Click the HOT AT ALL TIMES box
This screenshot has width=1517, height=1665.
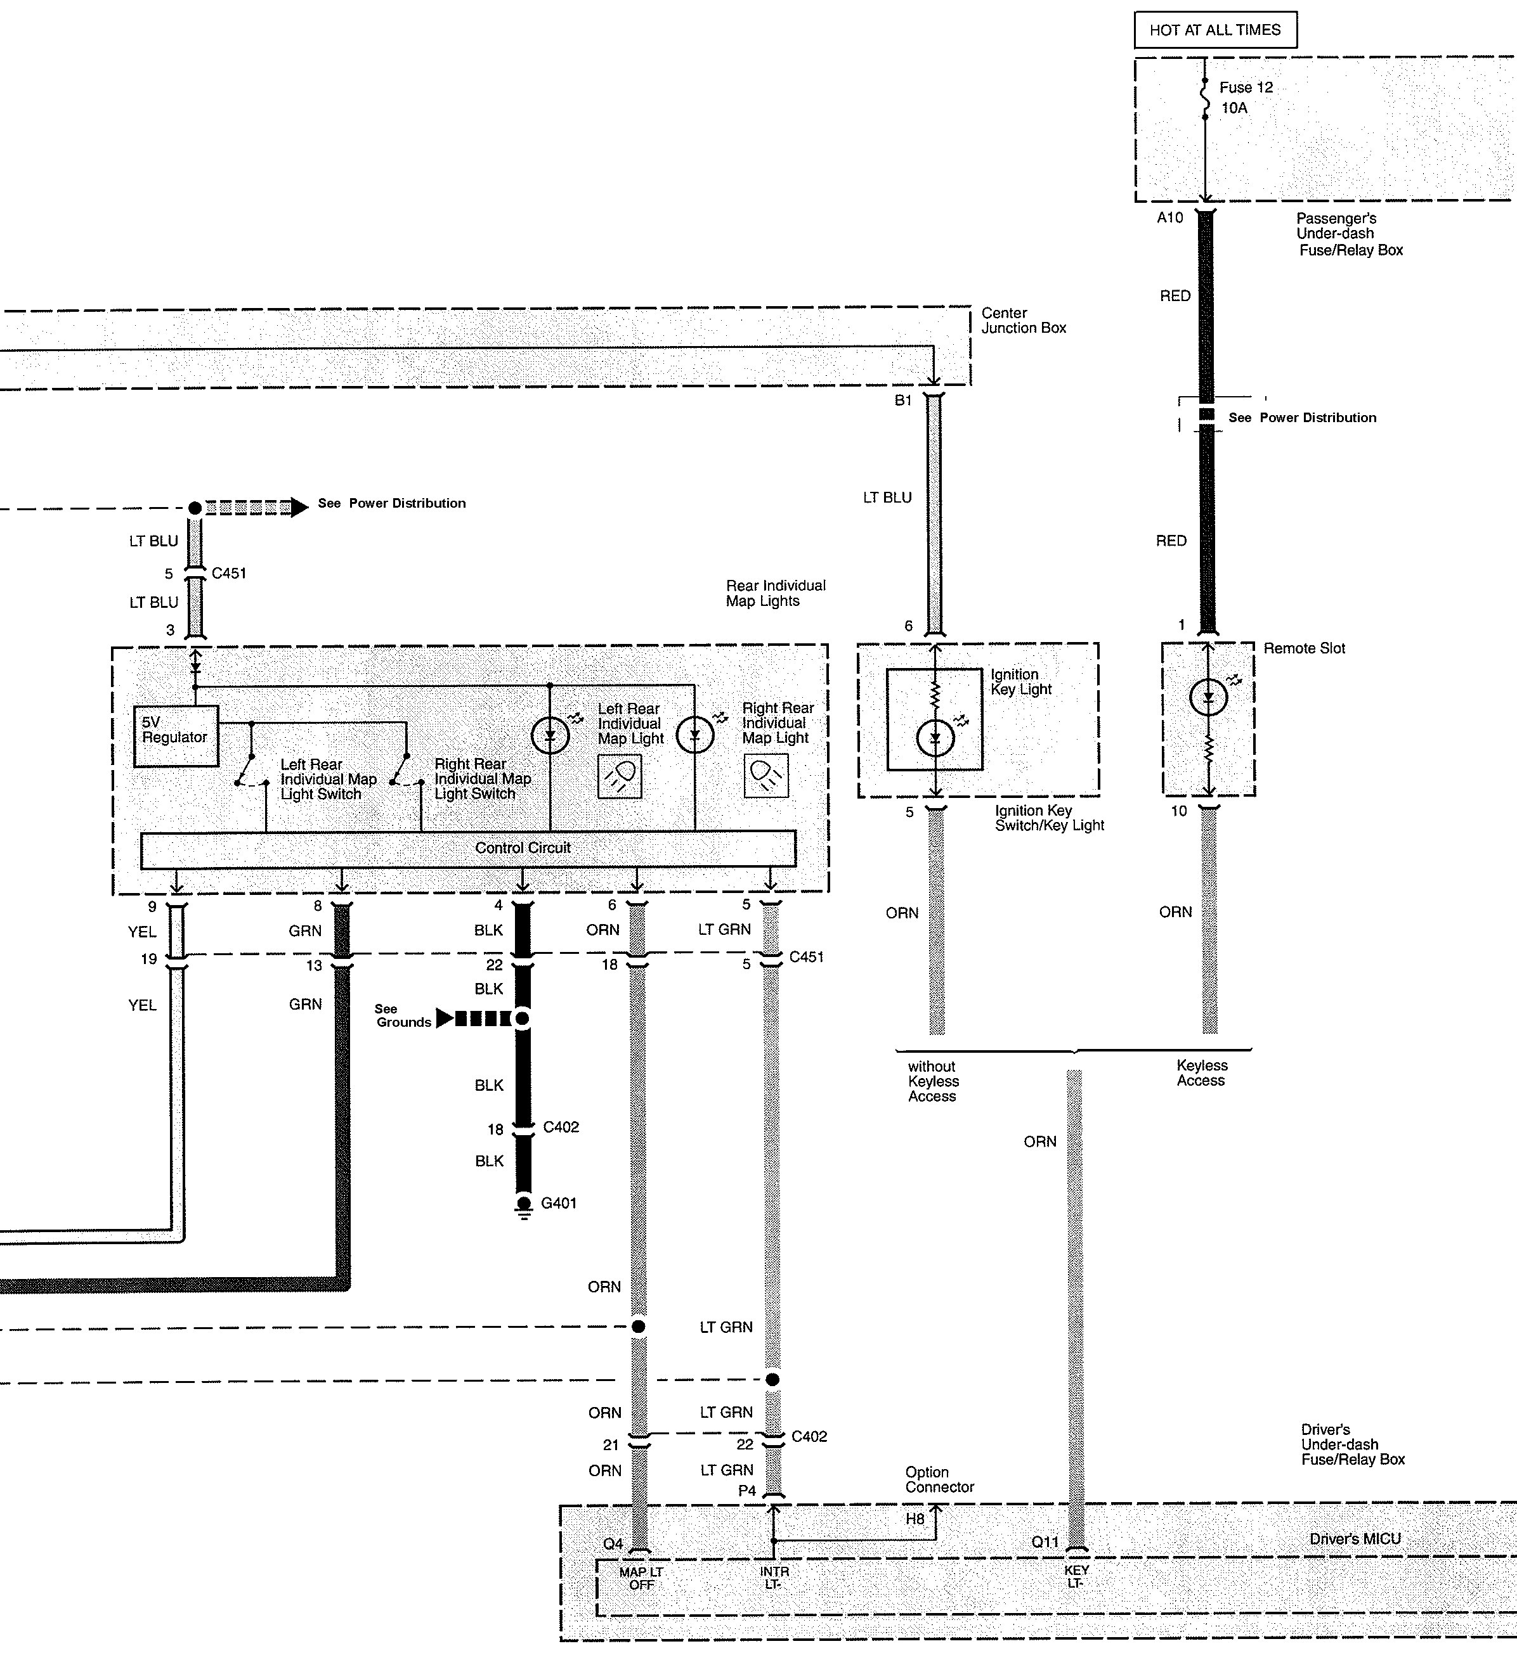click(x=1214, y=30)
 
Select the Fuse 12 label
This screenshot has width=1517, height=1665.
click(x=1246, y=87)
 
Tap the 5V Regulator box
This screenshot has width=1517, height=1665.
click(x=176, y=736)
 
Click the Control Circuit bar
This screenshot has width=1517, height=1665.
click(x=469, y=849)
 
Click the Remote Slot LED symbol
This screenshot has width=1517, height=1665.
click(x=1208, y=698)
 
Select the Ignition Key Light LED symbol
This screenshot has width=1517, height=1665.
click(x=935, y=738)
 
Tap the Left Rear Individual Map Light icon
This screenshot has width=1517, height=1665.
click(x=620, y=776)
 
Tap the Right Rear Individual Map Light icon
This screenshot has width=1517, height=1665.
click(x=766, y=776)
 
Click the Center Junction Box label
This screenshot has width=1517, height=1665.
click(x=1023, y=321)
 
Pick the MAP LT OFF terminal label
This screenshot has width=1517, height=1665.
click(x=641, y=1578)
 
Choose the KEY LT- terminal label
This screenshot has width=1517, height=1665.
click(x=1076, y=1576)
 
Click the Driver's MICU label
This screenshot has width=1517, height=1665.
click(x=1355, y=1539)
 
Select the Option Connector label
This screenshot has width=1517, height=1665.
click(x=939, y=1479)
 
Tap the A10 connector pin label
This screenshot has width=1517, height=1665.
click(x=1170, y=218)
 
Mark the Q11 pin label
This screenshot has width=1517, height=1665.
click(x=1045, y=1541)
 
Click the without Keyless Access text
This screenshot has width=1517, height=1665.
click(x=934, y=1081)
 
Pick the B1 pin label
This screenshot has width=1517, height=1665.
click(x=903, y=401)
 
